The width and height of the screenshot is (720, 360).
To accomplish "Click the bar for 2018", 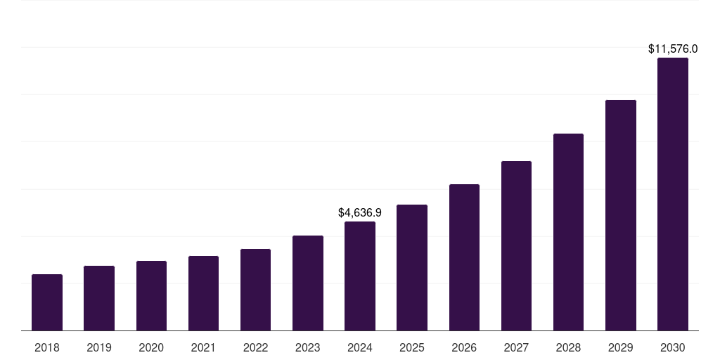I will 47,302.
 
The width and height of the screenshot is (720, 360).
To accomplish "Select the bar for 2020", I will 151,296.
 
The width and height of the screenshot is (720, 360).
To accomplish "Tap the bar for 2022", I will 255,290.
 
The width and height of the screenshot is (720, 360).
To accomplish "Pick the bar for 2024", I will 360,276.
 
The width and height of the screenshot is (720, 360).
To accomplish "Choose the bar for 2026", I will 464,257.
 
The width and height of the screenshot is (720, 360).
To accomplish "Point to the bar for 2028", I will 568,232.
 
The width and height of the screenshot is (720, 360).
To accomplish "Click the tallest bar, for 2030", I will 673,194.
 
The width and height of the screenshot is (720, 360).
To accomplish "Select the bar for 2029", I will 621,215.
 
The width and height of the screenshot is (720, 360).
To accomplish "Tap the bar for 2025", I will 412,268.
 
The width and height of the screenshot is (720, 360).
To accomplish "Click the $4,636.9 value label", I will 360,212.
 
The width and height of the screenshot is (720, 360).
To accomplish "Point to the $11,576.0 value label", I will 673,49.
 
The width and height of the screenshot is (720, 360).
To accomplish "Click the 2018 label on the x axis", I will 47,347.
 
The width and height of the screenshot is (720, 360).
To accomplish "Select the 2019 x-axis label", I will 99,347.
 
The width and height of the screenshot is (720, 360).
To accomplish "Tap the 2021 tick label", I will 203,347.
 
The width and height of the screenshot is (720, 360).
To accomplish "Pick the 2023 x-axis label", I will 308,347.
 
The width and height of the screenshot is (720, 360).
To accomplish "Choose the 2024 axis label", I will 360,347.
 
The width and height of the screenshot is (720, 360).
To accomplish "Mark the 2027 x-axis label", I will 516,347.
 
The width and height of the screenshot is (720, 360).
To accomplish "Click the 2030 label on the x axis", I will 673,347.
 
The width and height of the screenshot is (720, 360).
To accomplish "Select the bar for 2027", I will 516,246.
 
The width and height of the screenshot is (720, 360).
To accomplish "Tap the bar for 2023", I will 308,283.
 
